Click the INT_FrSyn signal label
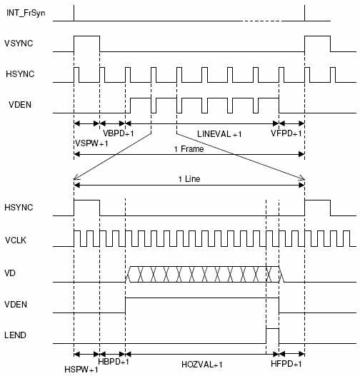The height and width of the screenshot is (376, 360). coord(26,13)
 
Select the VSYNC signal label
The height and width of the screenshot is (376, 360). coord(19,44)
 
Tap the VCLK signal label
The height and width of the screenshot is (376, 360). coord(16,240)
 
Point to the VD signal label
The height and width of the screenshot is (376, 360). coord(10,273)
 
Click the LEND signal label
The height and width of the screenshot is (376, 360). coord(16,335)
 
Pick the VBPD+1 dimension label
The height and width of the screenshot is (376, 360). coord(119,133)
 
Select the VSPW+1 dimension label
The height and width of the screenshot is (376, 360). coord(91,143)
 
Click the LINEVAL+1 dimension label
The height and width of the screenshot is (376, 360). coord(219,134)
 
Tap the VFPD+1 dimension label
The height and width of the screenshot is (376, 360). coord(286,133)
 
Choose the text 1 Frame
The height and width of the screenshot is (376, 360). coord(189,149)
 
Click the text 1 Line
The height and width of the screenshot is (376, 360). coord(189,179)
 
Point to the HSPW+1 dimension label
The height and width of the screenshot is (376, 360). coord(81,370)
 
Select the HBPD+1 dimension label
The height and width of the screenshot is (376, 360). coord(114,361)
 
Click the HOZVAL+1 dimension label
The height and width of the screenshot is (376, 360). coord(202,365)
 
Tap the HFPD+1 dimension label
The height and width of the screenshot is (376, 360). coord(286,364)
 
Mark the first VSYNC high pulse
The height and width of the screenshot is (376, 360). coord(87,36)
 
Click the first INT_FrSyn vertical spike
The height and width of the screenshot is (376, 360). coord(74,13)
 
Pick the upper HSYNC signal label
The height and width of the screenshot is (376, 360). coord(20,74)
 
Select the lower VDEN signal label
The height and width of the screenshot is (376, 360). coord(16,305)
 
